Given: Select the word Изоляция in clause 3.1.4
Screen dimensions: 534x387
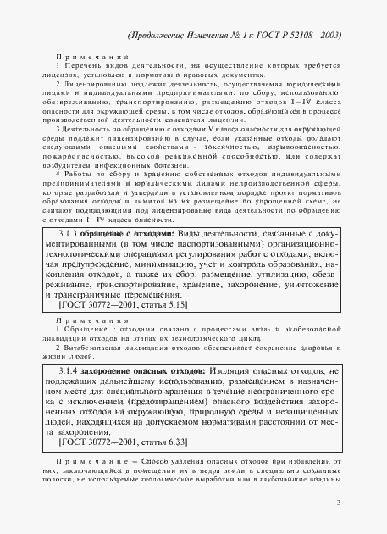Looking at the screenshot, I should [x=237, y=371].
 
